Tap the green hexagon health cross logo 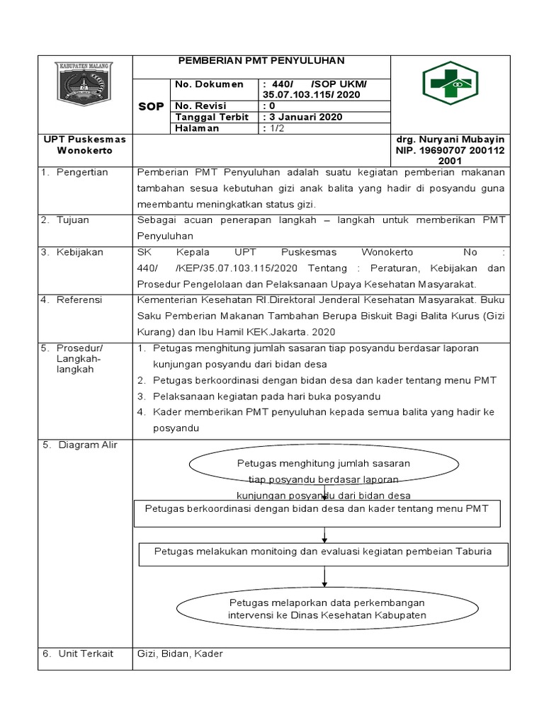[x=450, y=84]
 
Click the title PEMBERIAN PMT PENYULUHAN [x=260, y=62]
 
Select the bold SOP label [x=150, y=106]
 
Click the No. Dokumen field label [x=209, y=84]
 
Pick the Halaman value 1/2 [x=273, y=128]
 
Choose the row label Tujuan [x=73, y=220]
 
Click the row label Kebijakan [x=79, y=252]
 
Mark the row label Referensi [x=79, y=300]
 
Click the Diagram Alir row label [x=88, y=445]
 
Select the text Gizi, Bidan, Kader [x=180, y=653]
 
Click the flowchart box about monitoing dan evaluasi [x=323, y=551]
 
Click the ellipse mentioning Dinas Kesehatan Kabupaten [x=327, y=608]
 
